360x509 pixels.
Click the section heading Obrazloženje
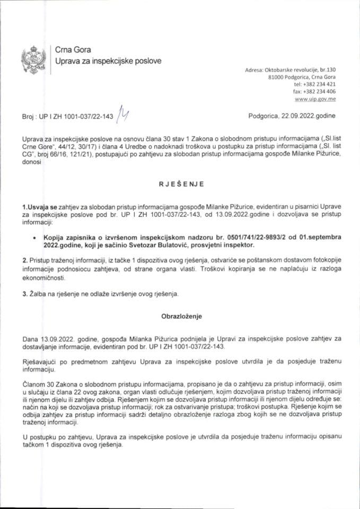179,315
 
